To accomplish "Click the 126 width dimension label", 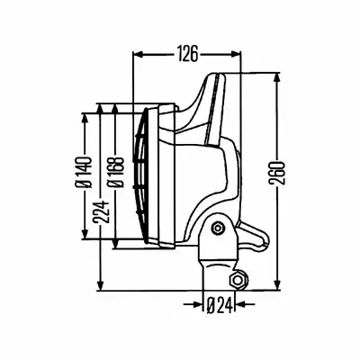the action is (x=187, y=54).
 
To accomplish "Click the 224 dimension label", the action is (x=101, y=212).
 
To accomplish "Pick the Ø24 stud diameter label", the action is (x=220, y=305).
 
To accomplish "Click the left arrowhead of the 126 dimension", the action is (x=139, y=54).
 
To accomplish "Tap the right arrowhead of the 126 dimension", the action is (x=235, y=54).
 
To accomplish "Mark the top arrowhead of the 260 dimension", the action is (x=276, y=78).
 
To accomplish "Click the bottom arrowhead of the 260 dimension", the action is (x=277, y=284).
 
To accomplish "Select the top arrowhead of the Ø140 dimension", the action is (x=85, y=119).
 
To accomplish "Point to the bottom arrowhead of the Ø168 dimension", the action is (x=116, y=243).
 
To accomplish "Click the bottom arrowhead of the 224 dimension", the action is (x=101, y=284).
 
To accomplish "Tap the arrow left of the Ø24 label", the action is (x=194, y=305).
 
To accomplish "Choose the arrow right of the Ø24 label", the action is (x=246, y=305).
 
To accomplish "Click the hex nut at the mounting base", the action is (x=238, y=281).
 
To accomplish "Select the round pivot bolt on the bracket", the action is (x=217, y=229).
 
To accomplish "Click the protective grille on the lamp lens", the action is (x=141, y=175).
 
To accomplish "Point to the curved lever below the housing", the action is (x=253, y=237).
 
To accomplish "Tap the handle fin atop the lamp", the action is (x=207, y=108).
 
